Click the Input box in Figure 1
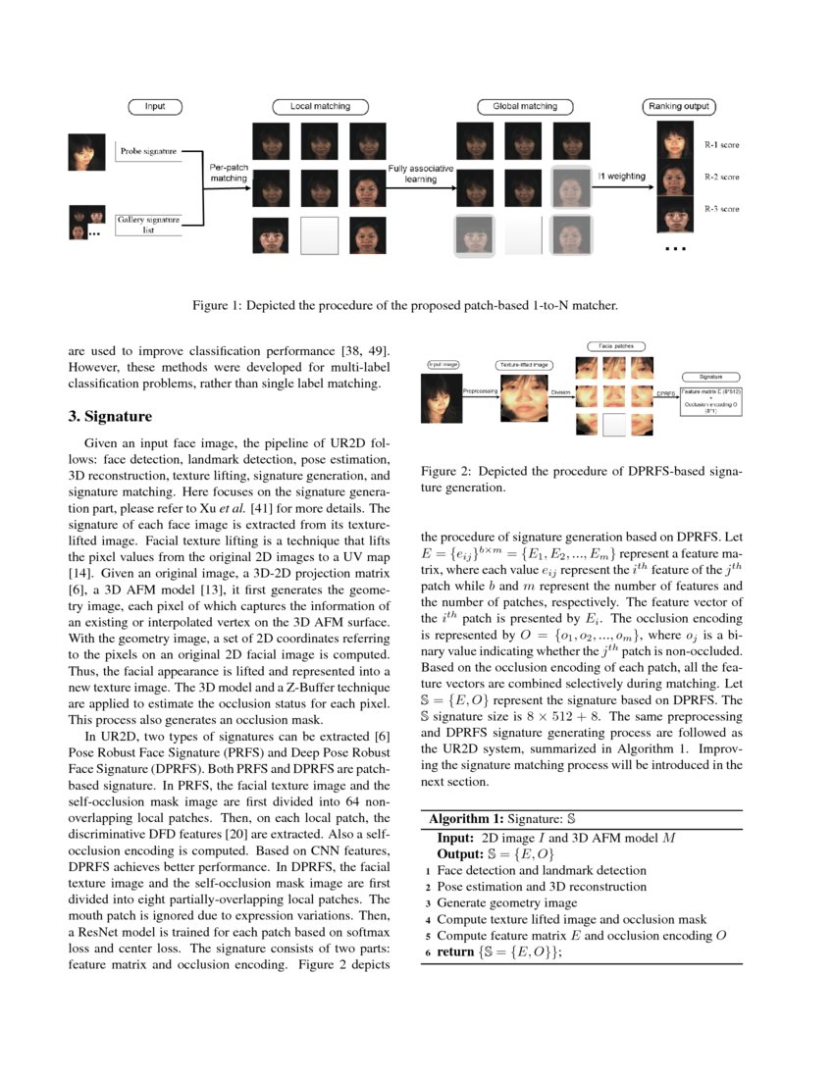point(154,106)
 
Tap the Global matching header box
point(517,106)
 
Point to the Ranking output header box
point(679,106)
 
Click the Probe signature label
point(148,152)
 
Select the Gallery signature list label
point(148,226)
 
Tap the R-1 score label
point(722,145)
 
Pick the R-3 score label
point(722,209)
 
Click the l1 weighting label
point(621,177)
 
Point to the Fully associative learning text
point(420,175)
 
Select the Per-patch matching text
point(229,173)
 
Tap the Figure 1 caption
point(404,306)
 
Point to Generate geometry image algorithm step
point(506,902)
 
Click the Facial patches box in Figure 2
point(614,346)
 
